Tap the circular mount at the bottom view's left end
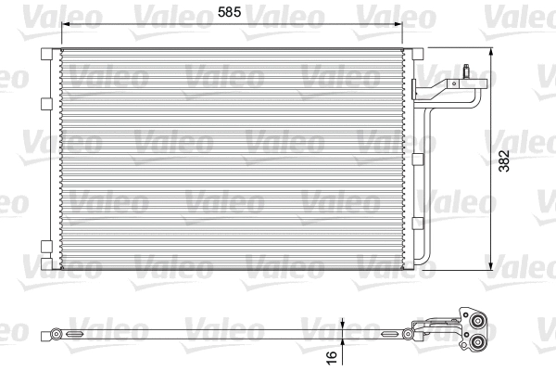click(x=57, y=332)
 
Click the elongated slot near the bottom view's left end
click(x=76, y=332)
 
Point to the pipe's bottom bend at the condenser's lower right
click(x=426, y=259)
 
